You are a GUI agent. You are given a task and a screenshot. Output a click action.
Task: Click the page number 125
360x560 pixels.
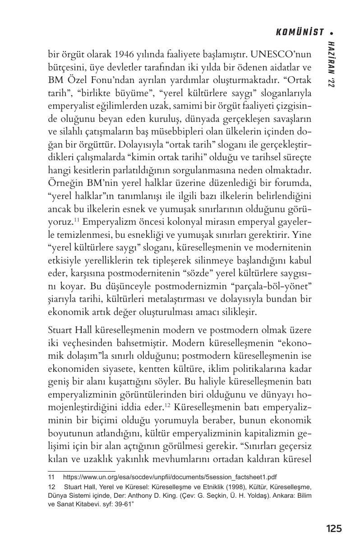333,528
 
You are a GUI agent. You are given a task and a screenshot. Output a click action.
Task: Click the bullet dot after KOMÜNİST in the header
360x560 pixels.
332,32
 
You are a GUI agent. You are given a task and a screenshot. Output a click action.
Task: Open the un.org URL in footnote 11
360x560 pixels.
170,476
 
